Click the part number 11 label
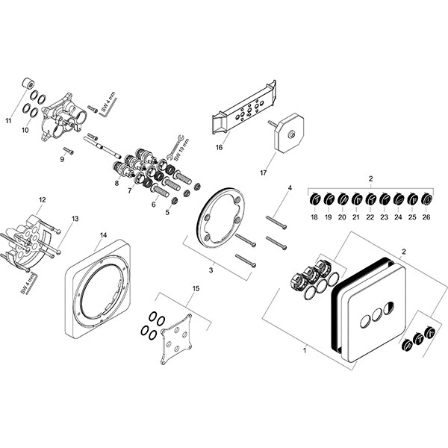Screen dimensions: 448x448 coord(10,119)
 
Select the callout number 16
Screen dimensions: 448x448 coord(220,147)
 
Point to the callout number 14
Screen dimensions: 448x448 coord(103,234)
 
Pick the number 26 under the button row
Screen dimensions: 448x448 coord(426,217)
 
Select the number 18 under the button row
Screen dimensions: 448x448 coord(314,217)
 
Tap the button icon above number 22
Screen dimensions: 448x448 coord(370,199)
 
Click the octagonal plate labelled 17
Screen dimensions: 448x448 coord(287,134)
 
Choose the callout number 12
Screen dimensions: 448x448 coord(43,199)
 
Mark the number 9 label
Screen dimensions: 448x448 coord(62,159)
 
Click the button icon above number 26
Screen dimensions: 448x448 coord(426,199)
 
